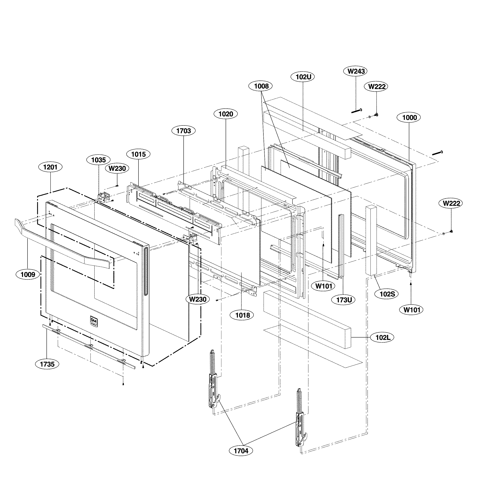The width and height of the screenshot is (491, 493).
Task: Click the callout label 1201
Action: (x=50, y=167)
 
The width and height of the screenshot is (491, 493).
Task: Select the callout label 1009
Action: (x=28, y=275)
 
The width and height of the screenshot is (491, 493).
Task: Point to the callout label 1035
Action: (x=99, y=160)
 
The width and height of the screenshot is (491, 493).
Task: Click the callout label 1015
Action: (x=138, y=154)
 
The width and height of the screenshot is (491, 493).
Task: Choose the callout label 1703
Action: (x=183, y=131)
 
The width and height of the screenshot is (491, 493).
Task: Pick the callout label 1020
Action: (x=226, y=114)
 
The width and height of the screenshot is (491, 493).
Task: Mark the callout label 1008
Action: (x=261, y=86)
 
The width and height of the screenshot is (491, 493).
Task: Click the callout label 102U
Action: (x=303, y=76)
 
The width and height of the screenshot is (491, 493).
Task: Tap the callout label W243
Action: (x=356, y=71)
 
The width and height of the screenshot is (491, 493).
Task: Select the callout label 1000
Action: (x=409, y=118)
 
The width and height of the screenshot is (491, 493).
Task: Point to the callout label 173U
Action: (x=344, y=300)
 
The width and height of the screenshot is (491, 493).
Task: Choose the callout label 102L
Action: (x=383, y=337)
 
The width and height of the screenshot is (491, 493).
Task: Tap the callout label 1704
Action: (x=241, y=451)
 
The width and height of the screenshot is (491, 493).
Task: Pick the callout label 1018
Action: (x=242, y=315)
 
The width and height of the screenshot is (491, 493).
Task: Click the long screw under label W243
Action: (x=357, y=111)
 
